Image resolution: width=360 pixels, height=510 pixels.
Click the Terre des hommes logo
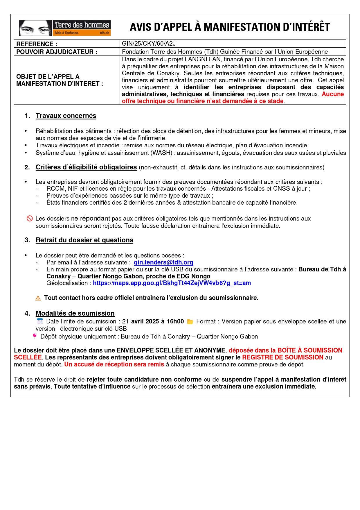click(65, 28)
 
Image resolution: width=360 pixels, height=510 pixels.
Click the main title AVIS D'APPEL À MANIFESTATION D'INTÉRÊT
click(230, 27)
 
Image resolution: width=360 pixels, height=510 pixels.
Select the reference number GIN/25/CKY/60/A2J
click(149, 44)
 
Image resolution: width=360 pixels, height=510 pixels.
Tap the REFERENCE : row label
click(37, 44)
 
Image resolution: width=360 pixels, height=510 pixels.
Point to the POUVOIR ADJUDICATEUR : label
click(57, 52)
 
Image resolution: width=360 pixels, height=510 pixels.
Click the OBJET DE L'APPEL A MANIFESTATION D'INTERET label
click(60, 80)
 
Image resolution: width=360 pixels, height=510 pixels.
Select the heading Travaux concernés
click(66, 116)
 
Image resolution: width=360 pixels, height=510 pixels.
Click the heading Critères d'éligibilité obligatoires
click(86, 167)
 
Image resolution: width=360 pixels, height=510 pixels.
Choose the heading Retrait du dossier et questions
click(84, 240)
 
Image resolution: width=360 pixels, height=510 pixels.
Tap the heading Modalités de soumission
click(75, 314)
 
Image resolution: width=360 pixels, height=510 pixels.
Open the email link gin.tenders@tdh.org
click(163, 262)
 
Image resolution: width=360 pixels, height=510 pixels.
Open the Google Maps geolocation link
click(172, 283)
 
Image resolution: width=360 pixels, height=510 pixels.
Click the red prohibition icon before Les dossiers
click(30, 219)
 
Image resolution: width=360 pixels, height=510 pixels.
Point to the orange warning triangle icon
click(38, 298)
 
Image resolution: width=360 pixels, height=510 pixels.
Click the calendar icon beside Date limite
click(40, 321)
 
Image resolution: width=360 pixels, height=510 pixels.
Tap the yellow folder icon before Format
click(190, 322)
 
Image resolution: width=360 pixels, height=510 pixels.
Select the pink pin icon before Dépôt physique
click(35, 336)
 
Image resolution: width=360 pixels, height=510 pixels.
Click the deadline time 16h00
click(175, 321)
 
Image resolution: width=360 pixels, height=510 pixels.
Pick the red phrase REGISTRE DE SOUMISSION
click(283, 357)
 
